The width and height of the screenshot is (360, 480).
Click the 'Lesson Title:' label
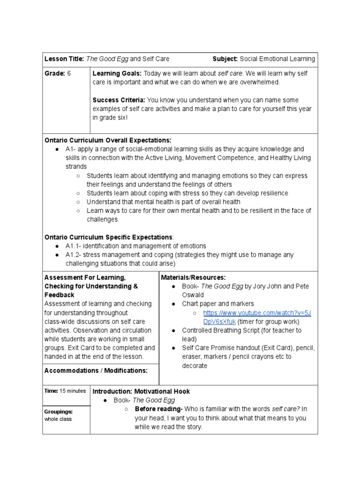click(x=64, y=59)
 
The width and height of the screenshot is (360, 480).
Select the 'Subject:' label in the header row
click(x=225, y=59)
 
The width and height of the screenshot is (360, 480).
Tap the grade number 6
click(x=69, y=74)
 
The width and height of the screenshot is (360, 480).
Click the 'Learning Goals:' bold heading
click(x=117, y=74)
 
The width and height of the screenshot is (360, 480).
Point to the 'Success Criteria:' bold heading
click(x=120, y=100)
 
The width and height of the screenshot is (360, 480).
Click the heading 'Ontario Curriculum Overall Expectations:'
click(x=108, y=140)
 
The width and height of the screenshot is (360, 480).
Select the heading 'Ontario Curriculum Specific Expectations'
click(x=108, y=237)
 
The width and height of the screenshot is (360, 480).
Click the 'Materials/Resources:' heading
click(x=193, y=277)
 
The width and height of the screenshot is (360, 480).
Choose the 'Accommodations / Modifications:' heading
click(x=96, y=371)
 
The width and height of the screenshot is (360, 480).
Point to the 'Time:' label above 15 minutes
click(x=51, y=391)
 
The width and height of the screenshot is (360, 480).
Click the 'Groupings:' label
click(x=59, y=412)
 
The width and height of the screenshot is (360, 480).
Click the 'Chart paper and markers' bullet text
click(x=218, y=304)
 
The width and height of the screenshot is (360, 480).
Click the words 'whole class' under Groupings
click(x=58, y=419)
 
